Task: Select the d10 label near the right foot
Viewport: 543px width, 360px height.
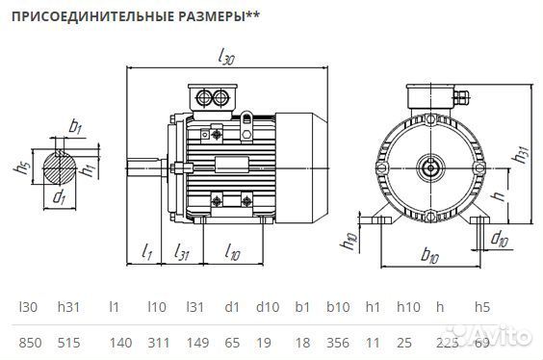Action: click(x=499, y=238)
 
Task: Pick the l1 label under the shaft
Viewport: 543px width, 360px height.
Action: click(x=145, y=252)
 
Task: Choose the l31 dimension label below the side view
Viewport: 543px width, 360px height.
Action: click(x=180, y=252)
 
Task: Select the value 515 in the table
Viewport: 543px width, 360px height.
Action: click(x=68, y=342)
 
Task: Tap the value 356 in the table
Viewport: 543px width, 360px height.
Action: click(x=337, y=342)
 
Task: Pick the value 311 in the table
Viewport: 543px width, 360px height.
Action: click(x=157, y=342)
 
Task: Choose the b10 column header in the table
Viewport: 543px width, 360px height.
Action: click(x=336, y=307)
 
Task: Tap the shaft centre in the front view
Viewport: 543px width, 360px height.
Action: click(x=430, y=167)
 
